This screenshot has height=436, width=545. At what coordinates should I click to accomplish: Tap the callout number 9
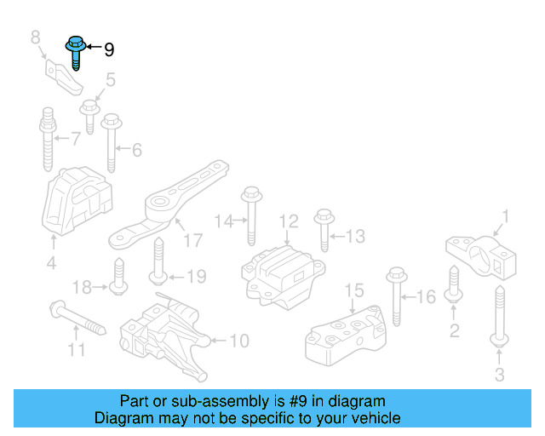108,50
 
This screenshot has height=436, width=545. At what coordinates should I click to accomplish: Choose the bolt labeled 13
324,227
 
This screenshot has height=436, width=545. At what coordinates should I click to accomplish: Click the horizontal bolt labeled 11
77,317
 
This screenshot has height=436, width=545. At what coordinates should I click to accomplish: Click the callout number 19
196,277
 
